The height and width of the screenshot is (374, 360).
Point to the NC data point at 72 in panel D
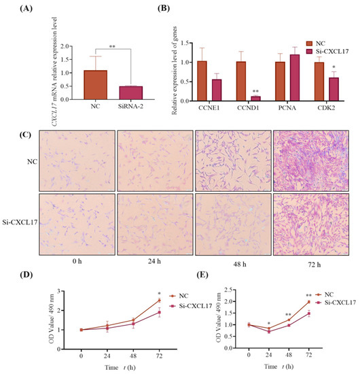tap(158, 300)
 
